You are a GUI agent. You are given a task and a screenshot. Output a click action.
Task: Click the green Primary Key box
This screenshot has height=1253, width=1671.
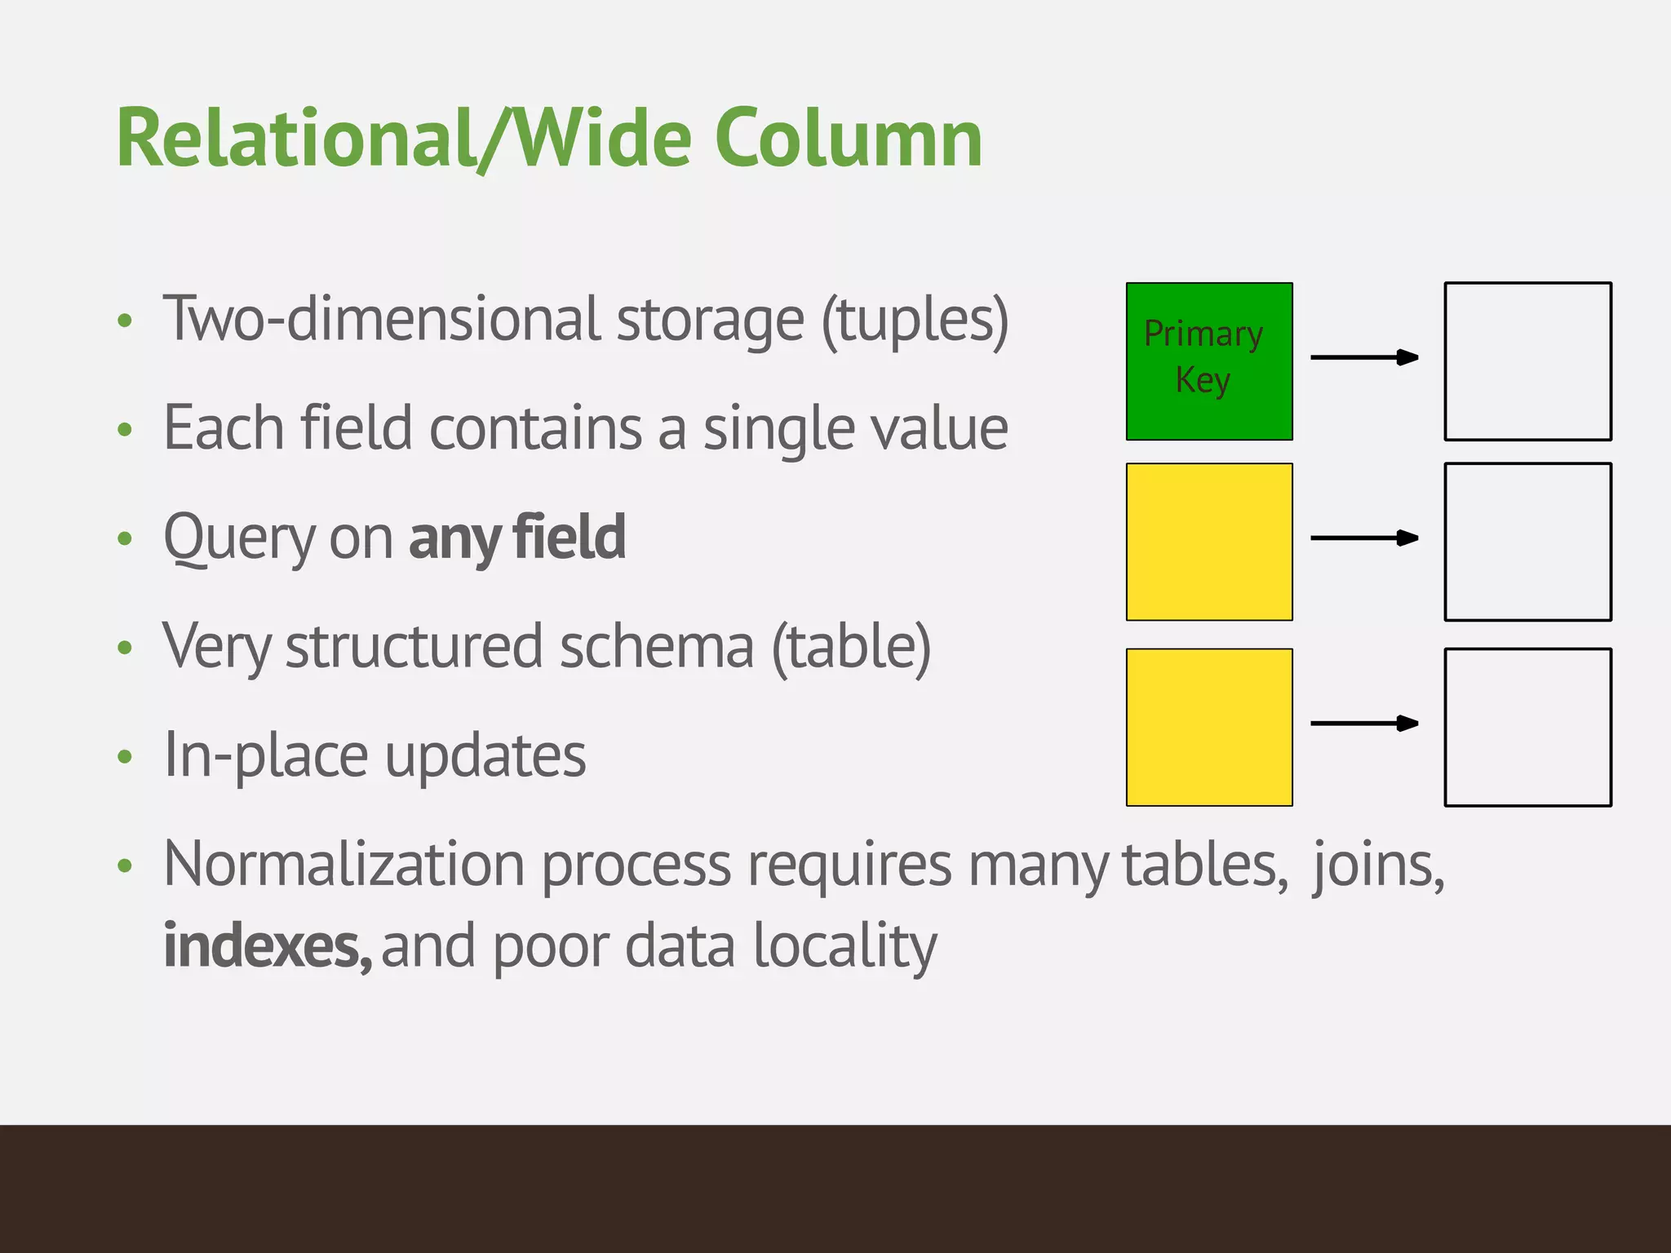pos(1209,361)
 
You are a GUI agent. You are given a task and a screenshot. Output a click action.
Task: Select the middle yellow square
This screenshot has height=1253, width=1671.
pos(1209,542)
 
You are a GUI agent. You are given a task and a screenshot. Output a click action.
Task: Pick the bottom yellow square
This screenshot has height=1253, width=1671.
pos(1209,727)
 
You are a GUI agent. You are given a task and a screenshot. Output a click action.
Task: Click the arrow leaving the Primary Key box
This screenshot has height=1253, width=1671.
pos(1364,357)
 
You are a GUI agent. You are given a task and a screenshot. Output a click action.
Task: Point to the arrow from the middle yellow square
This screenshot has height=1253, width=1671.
pos(1364,538)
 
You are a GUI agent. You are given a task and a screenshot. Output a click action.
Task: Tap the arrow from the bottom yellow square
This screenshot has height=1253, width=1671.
pos(1364,723)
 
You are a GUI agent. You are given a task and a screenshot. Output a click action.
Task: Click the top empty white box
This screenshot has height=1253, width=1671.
pos(1527,361)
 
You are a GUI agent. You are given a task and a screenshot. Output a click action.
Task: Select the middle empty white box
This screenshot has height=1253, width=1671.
pos(1527,542)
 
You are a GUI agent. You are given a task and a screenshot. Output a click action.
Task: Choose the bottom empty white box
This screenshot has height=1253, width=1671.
pos(1527,727)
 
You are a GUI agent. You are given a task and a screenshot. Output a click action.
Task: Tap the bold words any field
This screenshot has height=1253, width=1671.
pos(517,538)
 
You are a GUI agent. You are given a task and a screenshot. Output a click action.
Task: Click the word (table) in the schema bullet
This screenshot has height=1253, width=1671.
pos(851,647)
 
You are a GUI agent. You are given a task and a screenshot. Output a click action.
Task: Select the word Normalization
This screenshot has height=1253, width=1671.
pos(344,865)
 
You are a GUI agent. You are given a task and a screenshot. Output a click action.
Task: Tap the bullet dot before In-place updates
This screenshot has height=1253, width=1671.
pos(124,757)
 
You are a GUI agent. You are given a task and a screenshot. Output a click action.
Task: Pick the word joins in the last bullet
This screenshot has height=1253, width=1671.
pos(1377,865)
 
